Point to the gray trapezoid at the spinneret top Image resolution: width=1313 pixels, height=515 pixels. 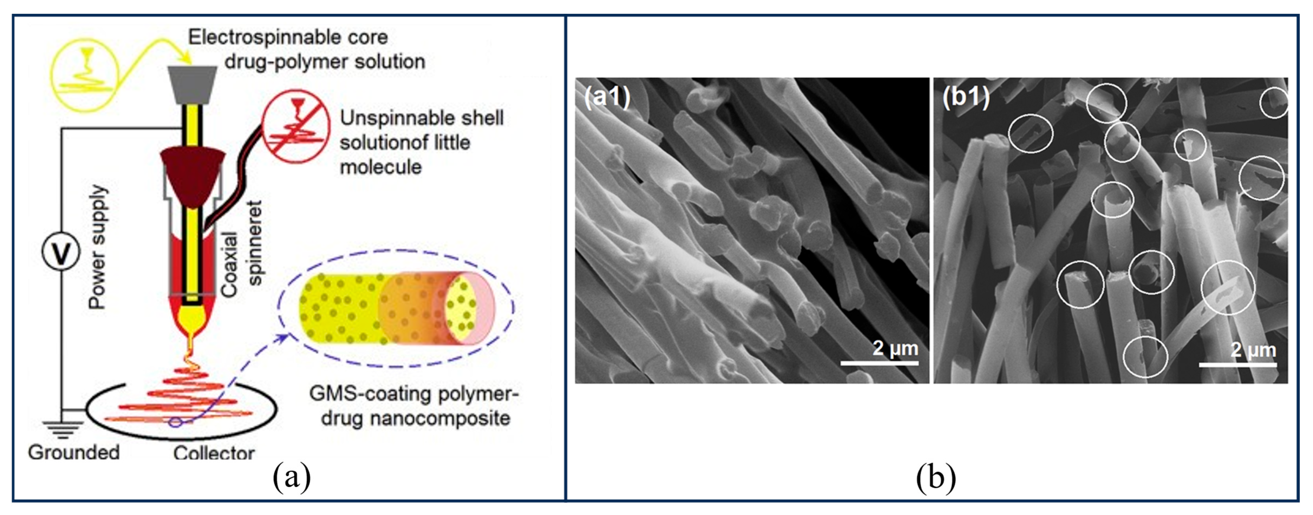(193, 84)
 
